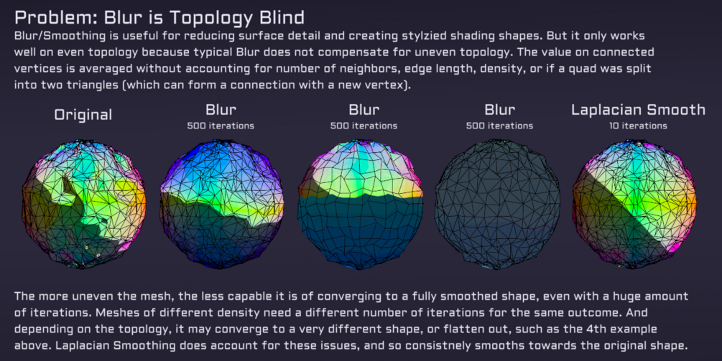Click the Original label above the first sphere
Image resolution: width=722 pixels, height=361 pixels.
coord(83,115)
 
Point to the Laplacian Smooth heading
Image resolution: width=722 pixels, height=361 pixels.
coord(638,110)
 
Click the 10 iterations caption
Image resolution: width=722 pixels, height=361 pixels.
coord(638,126)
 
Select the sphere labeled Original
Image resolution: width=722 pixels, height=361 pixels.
coord(84,203)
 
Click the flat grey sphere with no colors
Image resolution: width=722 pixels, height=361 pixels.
coord(498,204)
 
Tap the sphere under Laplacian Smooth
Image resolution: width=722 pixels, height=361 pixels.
coord(634,204)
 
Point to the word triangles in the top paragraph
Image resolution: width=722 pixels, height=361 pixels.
coord(92,85)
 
